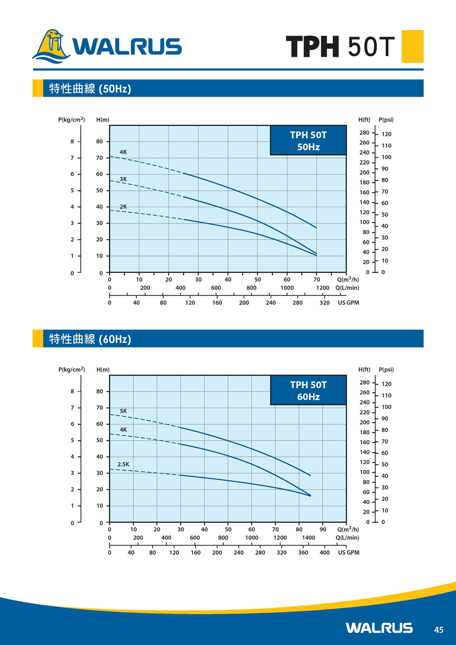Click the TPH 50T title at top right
(340, 47)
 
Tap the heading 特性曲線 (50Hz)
(90, 89)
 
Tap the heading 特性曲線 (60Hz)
(90, 339)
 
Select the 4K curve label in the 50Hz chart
(123, 152)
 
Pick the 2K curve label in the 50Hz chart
(123, 206)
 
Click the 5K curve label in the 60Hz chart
(123, 410)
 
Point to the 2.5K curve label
(123, 464)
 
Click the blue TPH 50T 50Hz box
(308, 141)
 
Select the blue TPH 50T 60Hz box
(308, 390)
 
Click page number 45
(439, 630)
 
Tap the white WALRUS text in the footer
(379, 628)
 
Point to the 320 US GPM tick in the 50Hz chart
(325, 303)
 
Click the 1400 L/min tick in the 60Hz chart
(308, 538)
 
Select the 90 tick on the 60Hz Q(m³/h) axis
(323, 529)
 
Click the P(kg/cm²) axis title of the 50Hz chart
(71, 120)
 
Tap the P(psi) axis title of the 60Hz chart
(386, 369)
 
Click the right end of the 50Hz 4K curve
(316, 228)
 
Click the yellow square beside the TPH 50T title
(412, 46)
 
